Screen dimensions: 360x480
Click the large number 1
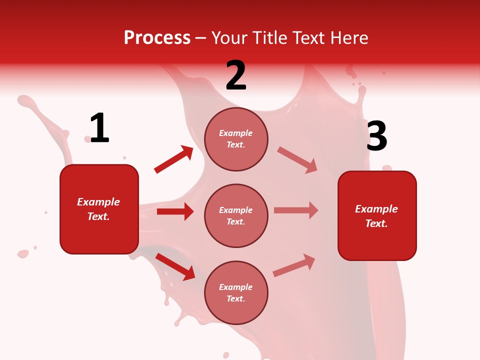point(99,128)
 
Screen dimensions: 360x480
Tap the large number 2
point(236,75)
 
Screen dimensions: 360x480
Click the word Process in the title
point(157,37)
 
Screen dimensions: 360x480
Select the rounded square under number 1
point(99,209)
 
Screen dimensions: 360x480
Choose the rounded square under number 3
point(377,215)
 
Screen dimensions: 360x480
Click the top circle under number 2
point(236,139)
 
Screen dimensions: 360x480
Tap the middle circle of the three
point(236,215)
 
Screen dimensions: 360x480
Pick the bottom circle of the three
point(236,292)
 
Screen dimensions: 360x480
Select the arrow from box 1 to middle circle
point(175,211)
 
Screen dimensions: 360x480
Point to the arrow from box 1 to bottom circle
point(175,266)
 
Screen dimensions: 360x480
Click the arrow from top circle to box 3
point(297,159)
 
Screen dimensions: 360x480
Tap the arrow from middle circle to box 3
point(296,210)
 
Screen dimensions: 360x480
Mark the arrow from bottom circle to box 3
point(294,265)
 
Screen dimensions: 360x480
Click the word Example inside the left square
point(98,202)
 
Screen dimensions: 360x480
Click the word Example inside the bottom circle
point(236,287)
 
